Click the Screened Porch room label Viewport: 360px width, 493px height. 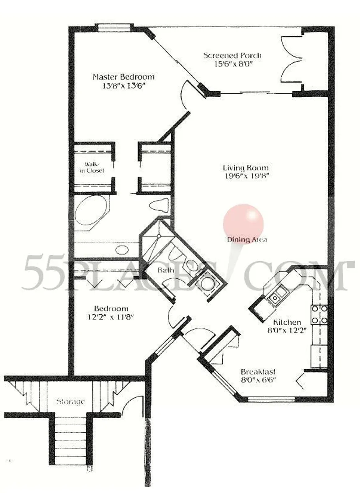click(x=232, y=56)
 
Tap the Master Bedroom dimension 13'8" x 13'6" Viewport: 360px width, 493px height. click(x=123, y=85)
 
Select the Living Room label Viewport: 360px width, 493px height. click(x=246, y=167)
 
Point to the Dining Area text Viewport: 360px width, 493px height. click(x=247, y=239)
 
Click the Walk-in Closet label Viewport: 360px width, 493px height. click(x=92, y=167)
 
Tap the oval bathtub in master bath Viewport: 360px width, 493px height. click(x=92, y=210)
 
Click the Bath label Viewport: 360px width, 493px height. click(x=165, y=270)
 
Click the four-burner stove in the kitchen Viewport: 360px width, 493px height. click(x=319, y=314)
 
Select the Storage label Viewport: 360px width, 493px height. click(x=71, y=401)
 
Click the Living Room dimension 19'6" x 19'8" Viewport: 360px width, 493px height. click(x=246, y=176)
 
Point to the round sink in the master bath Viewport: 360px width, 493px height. click(x=122, y=250)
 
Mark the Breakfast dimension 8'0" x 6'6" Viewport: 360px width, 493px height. click(x=258, y=380)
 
